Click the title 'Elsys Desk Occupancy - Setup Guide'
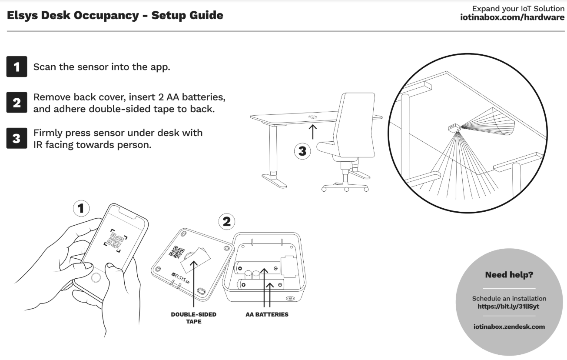point(115,16)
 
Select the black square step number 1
point(17,67)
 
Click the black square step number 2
point(17,103)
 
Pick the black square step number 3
point(17,138)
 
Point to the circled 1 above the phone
point(80,208)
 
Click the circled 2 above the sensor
point(226,222)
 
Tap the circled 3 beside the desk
point(302,151)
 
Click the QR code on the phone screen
point(115,239)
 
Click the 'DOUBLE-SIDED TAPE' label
point(193,318)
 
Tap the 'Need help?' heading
point(509,275)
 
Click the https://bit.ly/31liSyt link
point(509,306)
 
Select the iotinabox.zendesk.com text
point(509,327)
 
